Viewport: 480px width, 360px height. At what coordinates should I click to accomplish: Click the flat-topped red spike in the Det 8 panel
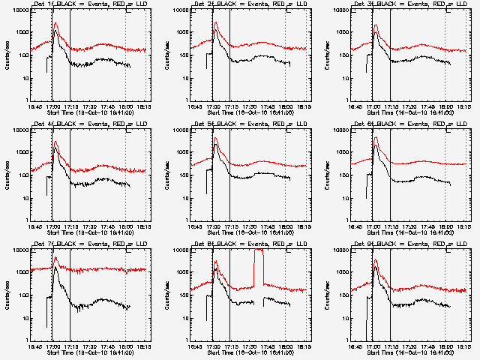point(259,252)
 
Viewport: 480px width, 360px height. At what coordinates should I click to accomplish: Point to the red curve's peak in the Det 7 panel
point(55,259)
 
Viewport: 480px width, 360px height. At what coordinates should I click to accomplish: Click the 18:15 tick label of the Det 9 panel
point(463,346)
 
